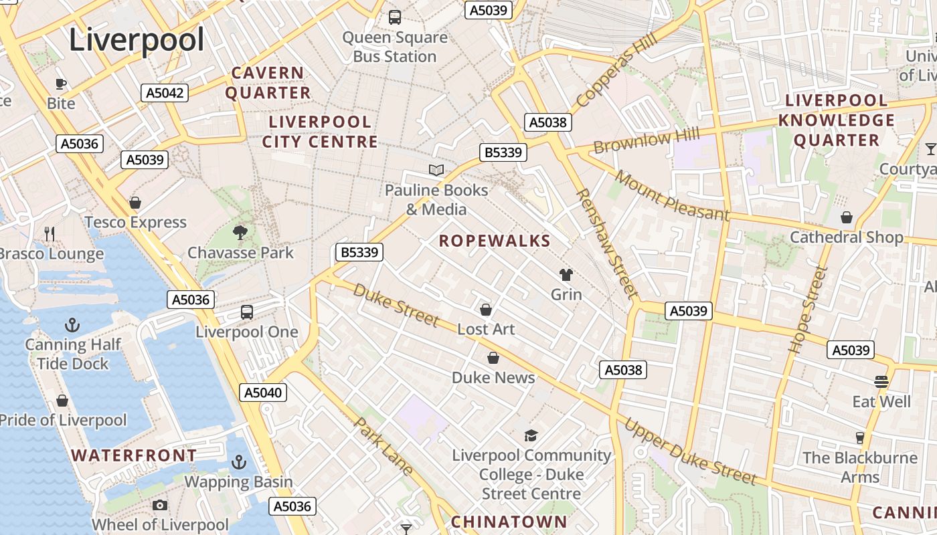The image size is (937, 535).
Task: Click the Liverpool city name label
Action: pyautogui.click(x=137, y=40)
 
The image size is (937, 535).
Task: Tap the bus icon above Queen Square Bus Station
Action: pyautogui.click(x=395, y=17)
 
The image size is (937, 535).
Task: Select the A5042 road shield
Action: pyautogui.click(x=165, y=93)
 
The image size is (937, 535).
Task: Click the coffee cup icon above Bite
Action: pyautogui.click(x=61, y=84)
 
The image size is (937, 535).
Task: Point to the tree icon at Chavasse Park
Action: pyautogui.click(x=240, y=233)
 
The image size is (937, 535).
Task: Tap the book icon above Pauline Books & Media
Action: pyautogui.click(x=436, y=171)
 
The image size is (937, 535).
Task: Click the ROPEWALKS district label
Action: pyautogui.click(x=495, y=241)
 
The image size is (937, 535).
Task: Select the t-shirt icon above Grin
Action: pyautogui.click(x=566, y=275)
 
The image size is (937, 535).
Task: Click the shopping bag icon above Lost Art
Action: pyautogui.click(x=486, y=310)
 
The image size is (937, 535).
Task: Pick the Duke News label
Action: pyautogui.click(x=493, y=377)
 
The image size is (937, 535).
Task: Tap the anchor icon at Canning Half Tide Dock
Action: pyautogui.click(x=72, y=326)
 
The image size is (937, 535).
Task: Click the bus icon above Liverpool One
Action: pyautogui.click(x=247, y=312)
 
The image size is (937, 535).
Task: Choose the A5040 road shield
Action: pyautogui.click(x=263, y=393)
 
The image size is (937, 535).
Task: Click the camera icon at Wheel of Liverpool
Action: pyautogui.click(x=159, y=506)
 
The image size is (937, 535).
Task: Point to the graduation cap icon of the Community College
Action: pyautogui.click(x=531, y=436)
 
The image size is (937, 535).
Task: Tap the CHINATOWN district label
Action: pyautogui.click(x=509, y=522)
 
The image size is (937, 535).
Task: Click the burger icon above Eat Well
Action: pyautogui.click(x=881, y=382)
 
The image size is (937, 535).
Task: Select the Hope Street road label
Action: pyautogui.click(x=808, y=310)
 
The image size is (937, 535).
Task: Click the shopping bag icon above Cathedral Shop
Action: pyautogui.click(x=847, y=218)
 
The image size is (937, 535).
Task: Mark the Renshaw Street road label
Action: pyautogui.click(x=606, y=243)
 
